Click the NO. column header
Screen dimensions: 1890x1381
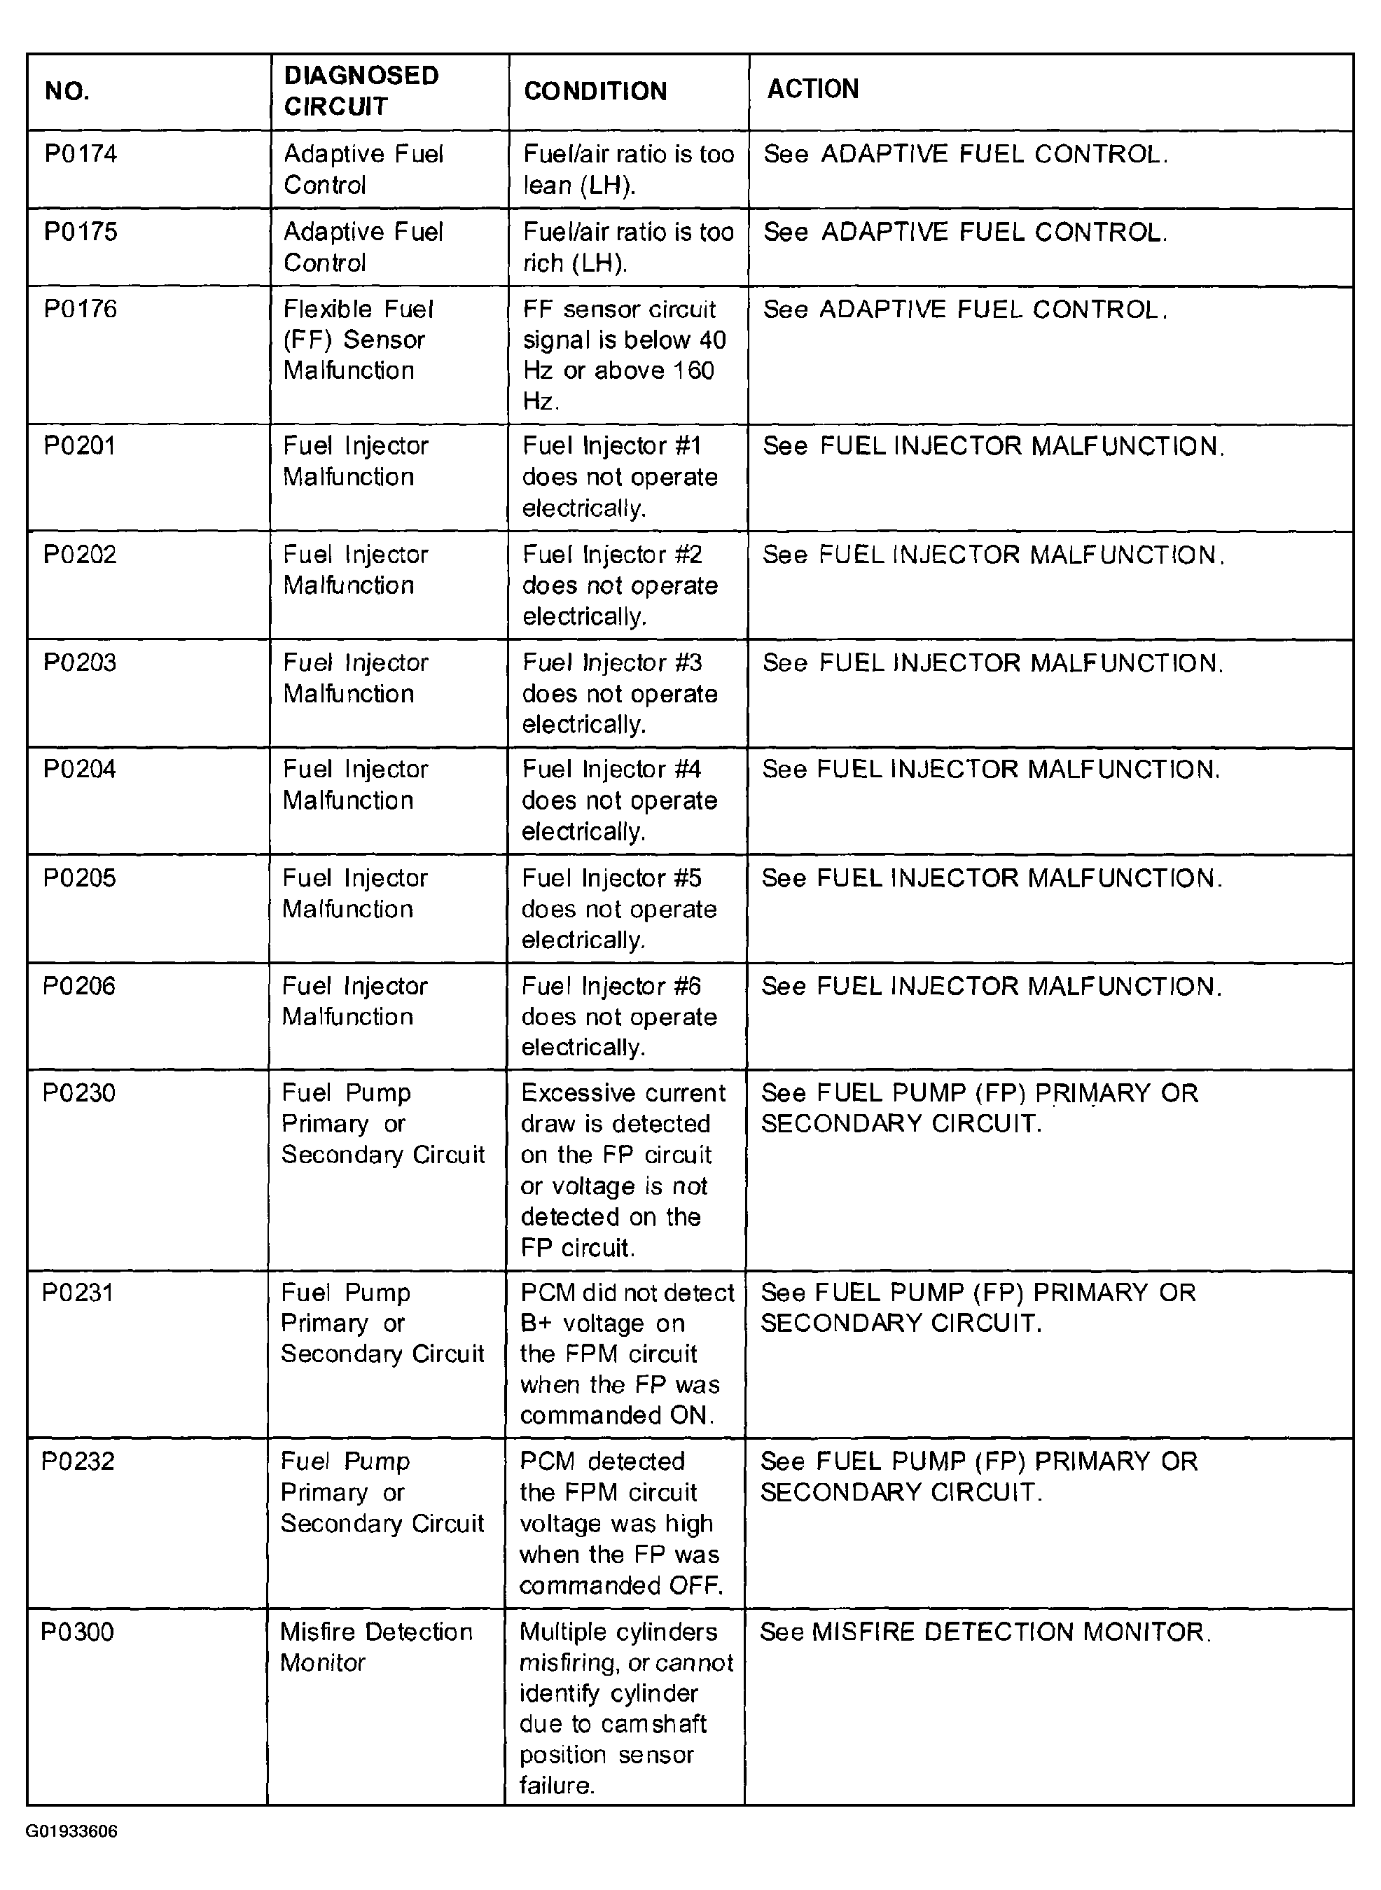[x=67, y=91]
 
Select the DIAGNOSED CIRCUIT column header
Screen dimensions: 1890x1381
[x=361, y=91]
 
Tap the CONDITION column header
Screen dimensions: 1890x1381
[x=595, y=91]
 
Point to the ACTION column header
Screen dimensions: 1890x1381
[x=812, y=89]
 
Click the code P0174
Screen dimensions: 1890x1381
[x=81, y=154]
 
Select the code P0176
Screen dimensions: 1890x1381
[x=81, y=310]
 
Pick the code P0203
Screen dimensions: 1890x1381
[x=79, y=663]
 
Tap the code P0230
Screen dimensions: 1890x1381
[x=78, y=1092]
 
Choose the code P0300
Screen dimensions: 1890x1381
[x=77, y=1631]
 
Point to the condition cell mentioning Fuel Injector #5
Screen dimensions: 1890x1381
[x=618, y=909]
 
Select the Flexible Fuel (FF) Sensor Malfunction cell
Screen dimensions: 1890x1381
[x=358, y=340]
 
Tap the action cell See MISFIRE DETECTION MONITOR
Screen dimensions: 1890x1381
[x=985, y=1632]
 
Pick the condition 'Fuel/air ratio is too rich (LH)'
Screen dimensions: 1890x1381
[x=627, y=247]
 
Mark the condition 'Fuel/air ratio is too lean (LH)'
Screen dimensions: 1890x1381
[x=627, y=169]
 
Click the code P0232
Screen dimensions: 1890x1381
[x=78, y=1461]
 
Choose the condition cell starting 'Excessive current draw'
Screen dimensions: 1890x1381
[x=623, y=1169]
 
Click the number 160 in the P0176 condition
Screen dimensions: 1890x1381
[x=694, y=370]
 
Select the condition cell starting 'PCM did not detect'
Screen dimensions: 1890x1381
[x=626, y=1354]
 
